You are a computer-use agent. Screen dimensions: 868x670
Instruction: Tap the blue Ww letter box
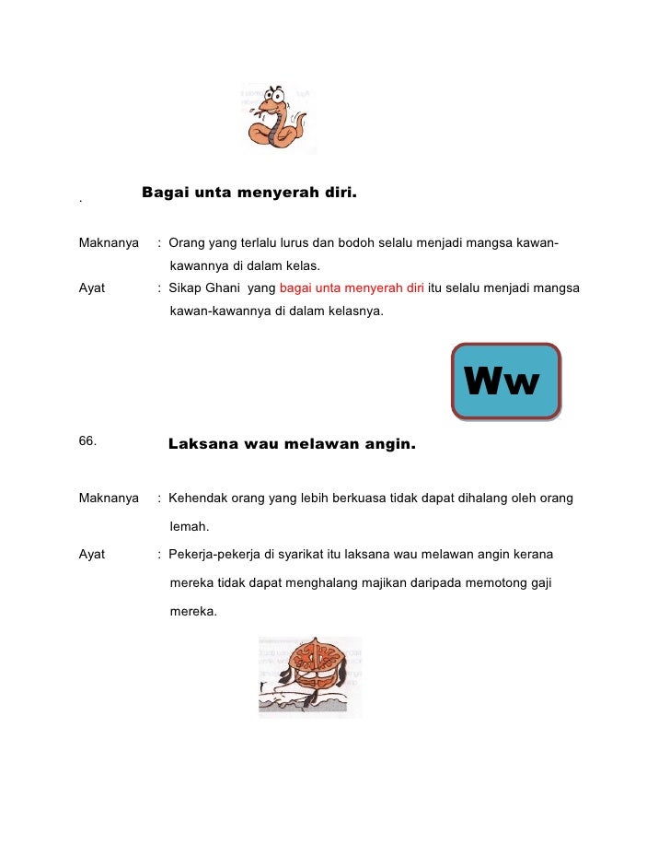click(x=505, y=381)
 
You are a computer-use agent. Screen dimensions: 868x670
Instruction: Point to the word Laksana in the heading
click(x=202, y=444)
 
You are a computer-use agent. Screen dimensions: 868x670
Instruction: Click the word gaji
click(x=537, y=582)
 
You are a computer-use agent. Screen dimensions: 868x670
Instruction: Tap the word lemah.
click(x=189, y=527)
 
